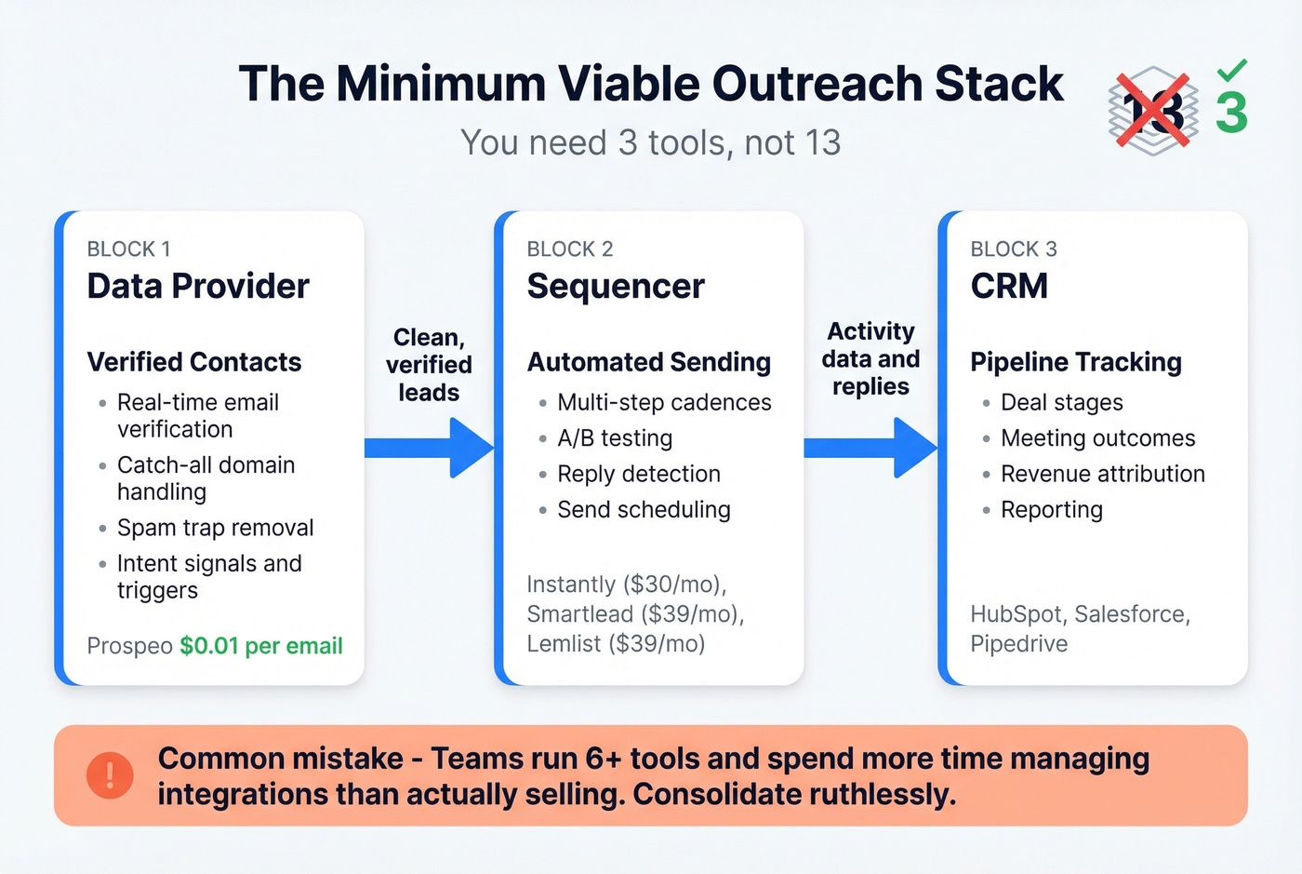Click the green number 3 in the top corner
[x=1231, y=113]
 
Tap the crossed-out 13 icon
[x=1152, y=111]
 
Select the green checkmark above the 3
[x=1231, y=70]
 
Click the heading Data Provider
[x=198, y=286]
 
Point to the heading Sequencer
[x=616, y=286]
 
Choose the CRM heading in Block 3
[x=1009, y=286]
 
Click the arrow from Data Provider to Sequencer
[x=429, y=448]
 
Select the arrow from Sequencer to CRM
[x=870, y=448]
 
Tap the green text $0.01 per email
[x=261, y=646]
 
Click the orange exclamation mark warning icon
[x=110, y=774]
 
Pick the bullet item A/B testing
[x=615, y=438]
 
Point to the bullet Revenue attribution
[x=1102, y=474]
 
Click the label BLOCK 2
[x=570, y=249]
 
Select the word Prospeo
[x=129, y=646]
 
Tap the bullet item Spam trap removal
[x=215, y=528]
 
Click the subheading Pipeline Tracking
[x=1076, y=362]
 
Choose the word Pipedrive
[x=1019, y=644]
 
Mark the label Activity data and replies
[x=870, y=359]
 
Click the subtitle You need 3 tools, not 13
[x=651, y=142]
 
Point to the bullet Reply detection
[x=639, y=474]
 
